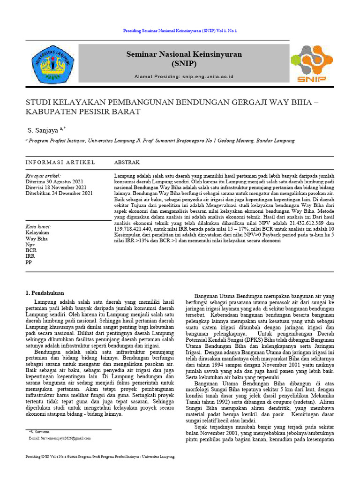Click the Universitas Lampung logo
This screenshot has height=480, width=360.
pyautogui.click(x=52, y=64)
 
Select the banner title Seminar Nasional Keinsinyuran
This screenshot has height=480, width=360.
pyautogui.click(x=184, y=54)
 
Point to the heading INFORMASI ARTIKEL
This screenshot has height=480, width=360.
pyautogui.click(x=60, y=162)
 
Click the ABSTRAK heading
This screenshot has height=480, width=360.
pyautogui.click(x=127, y=162)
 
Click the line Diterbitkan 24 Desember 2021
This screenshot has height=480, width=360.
pyautogui.click(x=59, y=193)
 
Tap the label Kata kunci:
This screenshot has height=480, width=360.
pyautogui.click(x=38, y=227)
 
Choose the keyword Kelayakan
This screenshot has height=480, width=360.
pyautogui.click(x=37, y=232)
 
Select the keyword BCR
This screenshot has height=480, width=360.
pyautogui.click(x=30, y=251)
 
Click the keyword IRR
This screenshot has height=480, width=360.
pyautogui.click(x=30, y=256)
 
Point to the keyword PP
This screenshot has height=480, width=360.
pyautogui.click(x=29, y=262)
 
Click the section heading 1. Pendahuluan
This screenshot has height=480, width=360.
pyautogui.click(x=44, y=293)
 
